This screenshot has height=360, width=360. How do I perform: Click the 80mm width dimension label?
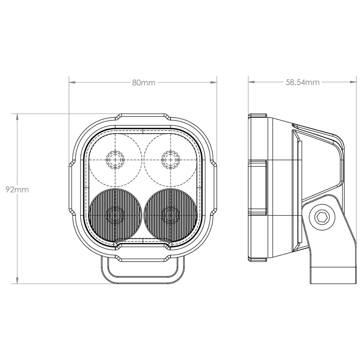point(144,82)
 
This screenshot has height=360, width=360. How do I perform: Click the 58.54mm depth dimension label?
point(302,82)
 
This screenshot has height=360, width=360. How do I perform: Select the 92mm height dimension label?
point(17,190)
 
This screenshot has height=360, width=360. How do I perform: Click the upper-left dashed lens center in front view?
point(115,160)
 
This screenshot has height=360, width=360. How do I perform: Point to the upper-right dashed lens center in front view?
point(170,160)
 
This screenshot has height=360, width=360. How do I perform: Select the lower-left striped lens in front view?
point(115,215)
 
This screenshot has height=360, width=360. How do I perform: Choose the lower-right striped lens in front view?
point(170,215)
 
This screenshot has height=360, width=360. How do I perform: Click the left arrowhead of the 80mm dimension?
point(72,82)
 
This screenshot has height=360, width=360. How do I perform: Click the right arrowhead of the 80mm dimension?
point(214,82)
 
